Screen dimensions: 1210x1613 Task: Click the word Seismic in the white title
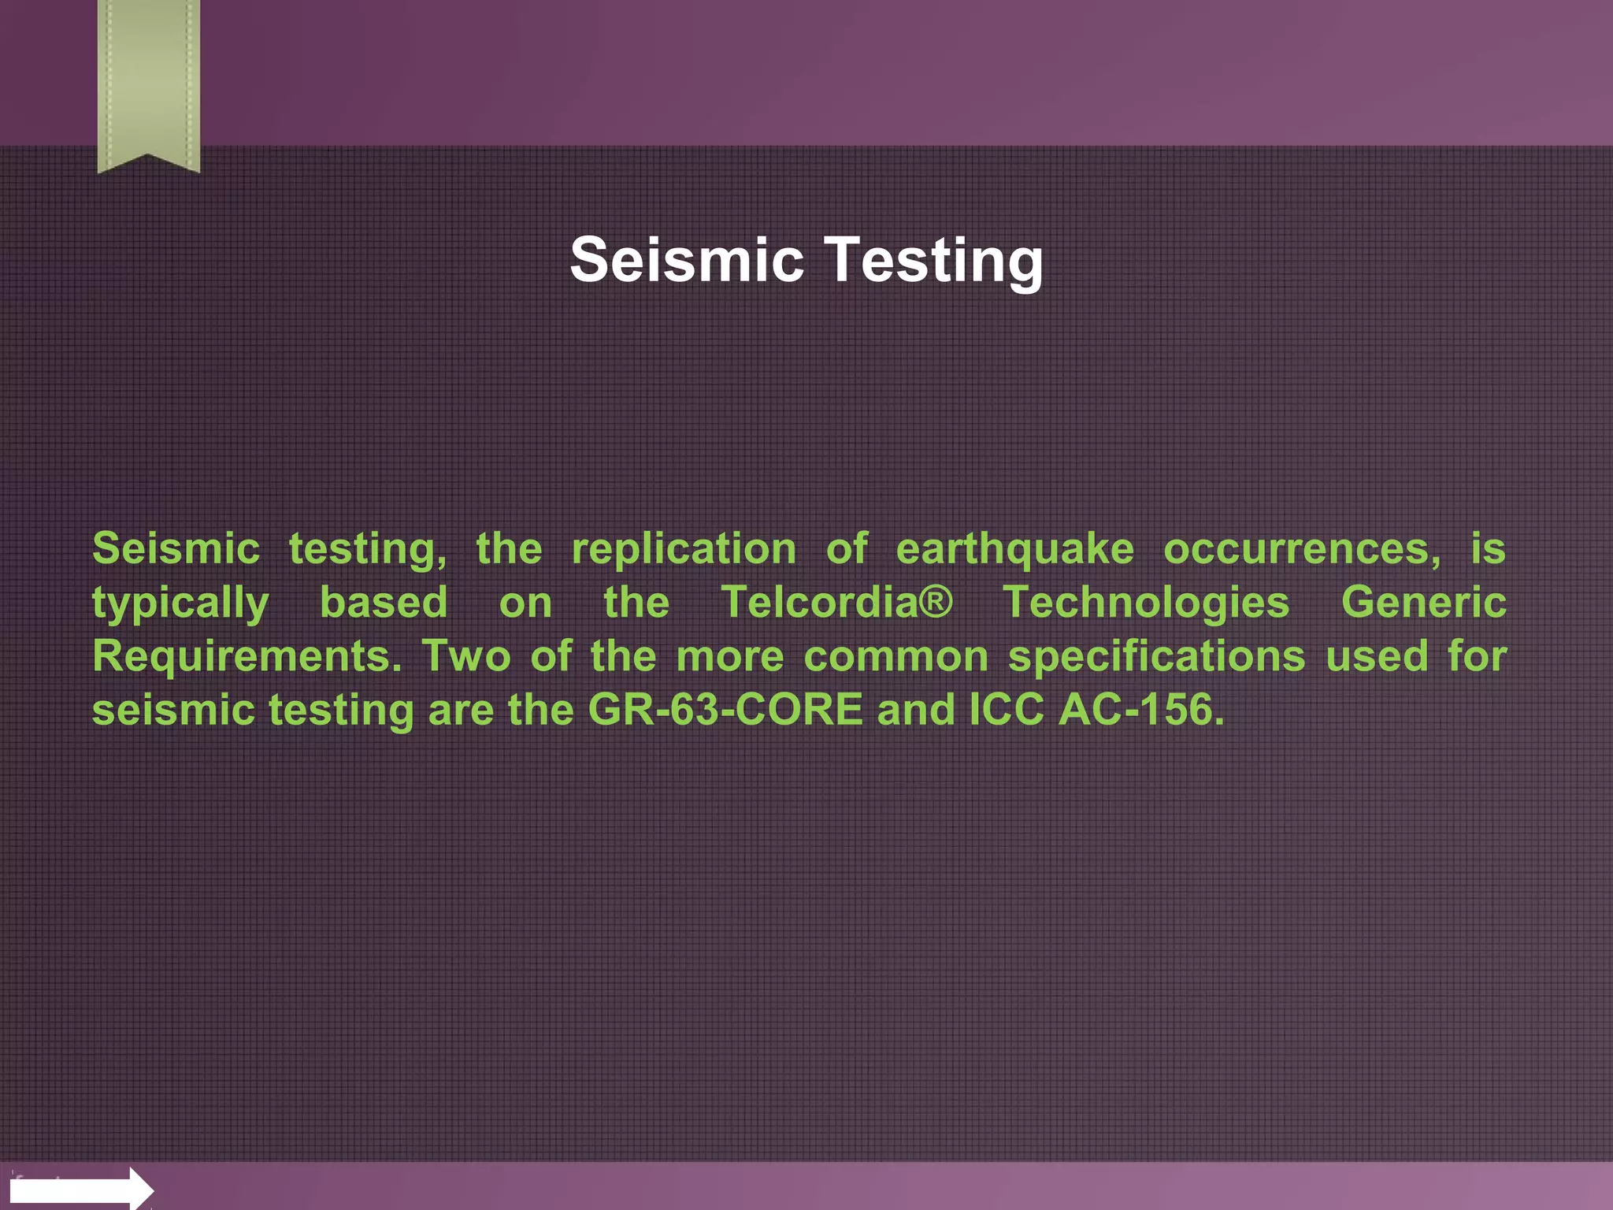686,260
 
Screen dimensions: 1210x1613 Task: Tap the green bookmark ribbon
148,83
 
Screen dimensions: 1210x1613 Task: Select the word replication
684,549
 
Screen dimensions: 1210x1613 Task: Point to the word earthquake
1014,549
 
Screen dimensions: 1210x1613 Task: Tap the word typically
180,603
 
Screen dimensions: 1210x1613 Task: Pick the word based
384,603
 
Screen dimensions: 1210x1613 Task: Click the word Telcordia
820,603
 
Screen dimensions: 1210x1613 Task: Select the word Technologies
1146,603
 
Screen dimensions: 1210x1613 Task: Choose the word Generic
1423,603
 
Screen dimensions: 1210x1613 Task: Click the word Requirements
247,656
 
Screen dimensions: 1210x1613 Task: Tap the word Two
466,656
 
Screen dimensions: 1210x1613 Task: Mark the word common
895,656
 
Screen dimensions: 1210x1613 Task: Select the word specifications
1156,656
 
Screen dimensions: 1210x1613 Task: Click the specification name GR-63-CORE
725,710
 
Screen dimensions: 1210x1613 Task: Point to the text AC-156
1140,710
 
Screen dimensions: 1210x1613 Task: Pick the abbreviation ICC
1006,710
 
